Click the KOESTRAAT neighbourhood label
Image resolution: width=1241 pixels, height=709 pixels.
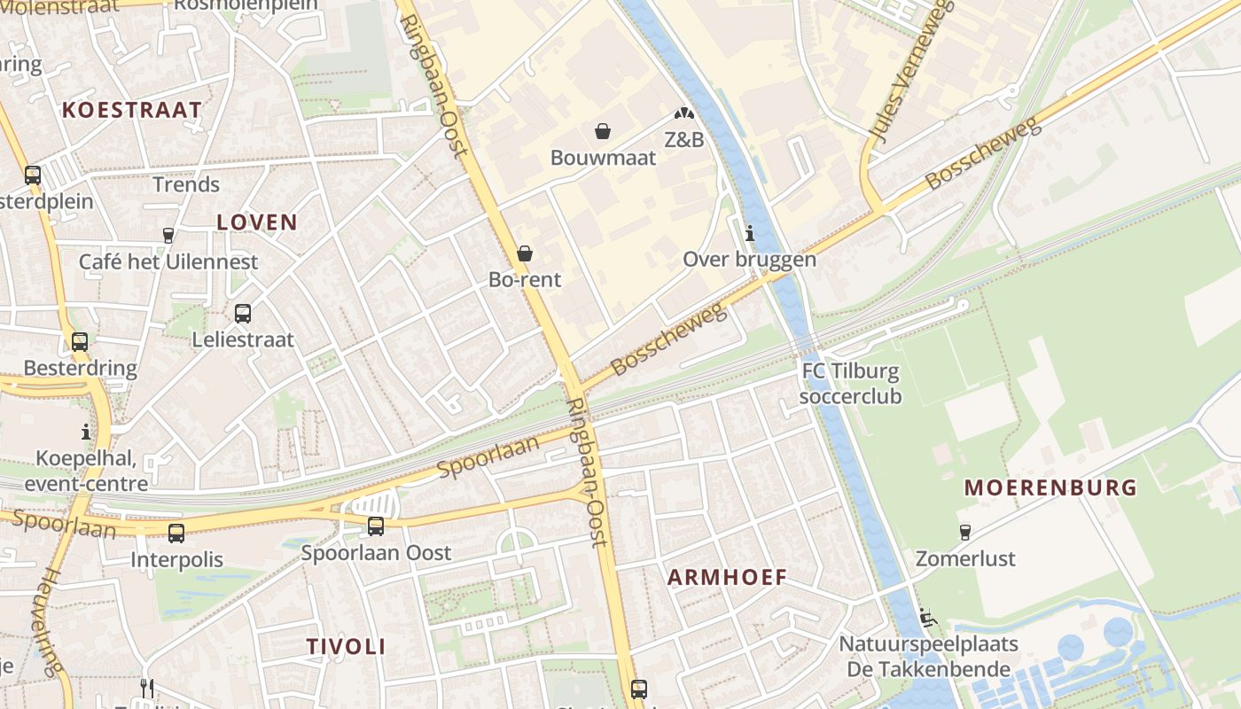[x=131, y=110]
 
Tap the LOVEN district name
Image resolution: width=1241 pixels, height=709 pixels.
[x=257, y=222]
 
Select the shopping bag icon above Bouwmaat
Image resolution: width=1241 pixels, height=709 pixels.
[x=603, y=132]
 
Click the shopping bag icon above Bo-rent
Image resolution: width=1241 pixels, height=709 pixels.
[x=525, y=254]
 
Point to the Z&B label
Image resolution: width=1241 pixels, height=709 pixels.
[x=683, y=139]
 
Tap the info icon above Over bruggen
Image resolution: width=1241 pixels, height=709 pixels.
[x=750, y=234]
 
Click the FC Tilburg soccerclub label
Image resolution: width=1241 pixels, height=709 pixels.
[x=850, y=384]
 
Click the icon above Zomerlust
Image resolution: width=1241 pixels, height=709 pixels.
[x=965, y=533]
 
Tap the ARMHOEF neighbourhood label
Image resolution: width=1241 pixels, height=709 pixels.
[x=727, y=578]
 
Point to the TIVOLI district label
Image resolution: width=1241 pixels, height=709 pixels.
[x=346, y=647]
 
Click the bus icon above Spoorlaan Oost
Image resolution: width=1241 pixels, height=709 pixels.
[x=376, y=526]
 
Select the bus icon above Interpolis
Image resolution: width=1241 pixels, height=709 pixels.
[x=176, y=534]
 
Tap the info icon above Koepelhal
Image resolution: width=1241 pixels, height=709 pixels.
[x=86, y=432]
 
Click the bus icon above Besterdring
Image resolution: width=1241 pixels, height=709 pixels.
[x=80, y=342]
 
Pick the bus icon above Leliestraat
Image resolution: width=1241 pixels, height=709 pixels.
[x=243, y=314]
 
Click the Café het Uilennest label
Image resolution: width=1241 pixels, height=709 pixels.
[x=168, y=262]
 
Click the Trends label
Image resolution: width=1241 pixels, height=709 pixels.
[x=186, y=185]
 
